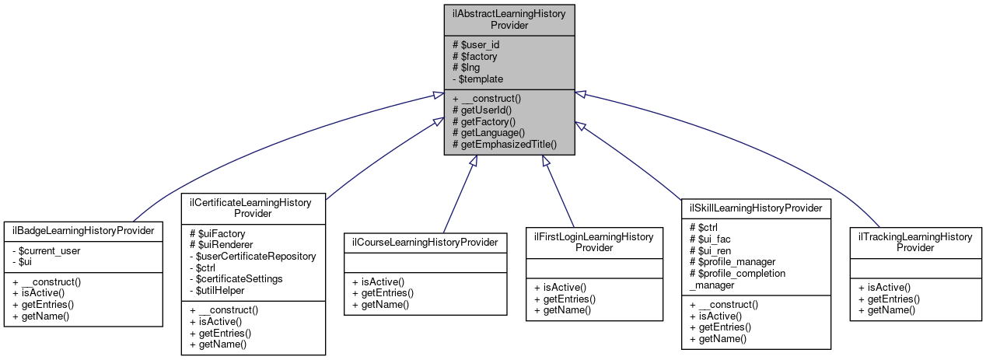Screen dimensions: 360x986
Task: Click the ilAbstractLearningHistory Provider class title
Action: click(x=509, y=19)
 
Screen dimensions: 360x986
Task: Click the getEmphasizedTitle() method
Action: click(x=504, y=145)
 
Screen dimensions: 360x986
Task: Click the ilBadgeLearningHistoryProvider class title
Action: click(x=82, y=231)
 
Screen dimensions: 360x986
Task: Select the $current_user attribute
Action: click(x=49, y=250)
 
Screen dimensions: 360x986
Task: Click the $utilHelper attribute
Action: click(x=222, y=290)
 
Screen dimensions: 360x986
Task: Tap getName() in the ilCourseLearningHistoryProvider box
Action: click(x=380, y=304)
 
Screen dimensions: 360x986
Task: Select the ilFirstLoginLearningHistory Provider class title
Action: click(x=594, y=241)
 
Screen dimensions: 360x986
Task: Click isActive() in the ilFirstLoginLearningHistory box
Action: click(x=561, y=287)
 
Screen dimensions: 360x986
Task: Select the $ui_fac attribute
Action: click(x=712, y=239)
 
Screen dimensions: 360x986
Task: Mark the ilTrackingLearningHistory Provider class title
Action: click(x=914, y=242)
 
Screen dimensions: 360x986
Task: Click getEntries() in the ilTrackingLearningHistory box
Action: click(x=889, y=298)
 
